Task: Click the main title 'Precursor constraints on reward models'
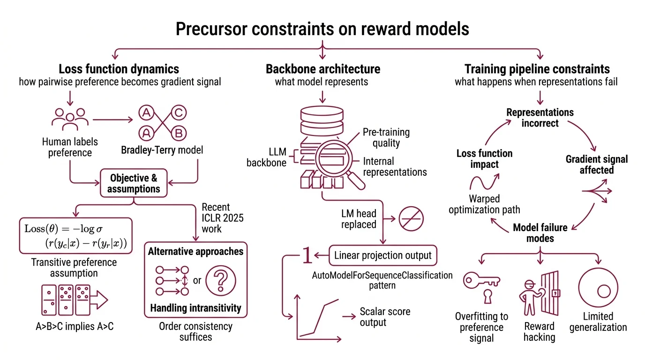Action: pyautogui.click(x=322, y=29)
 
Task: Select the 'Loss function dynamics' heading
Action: pyautogui.click(x=119, y=69)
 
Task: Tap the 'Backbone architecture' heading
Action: pyautogui.click(x=323, y=69)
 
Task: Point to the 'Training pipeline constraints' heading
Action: pyautogui.click(x=537, y=69)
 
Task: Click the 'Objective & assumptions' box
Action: pyautogui.click(x=134, y=183)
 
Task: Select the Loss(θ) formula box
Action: pyautogui.click(x=75, y=236)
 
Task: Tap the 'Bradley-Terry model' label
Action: pyautogui.click(x=162, y=150)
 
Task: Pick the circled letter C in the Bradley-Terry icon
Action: pyautogui.click(x=179, y=112)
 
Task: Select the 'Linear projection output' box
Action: pyautogui.click(x=383, y=256)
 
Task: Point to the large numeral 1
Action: pyautogui.click(x=307, y=256)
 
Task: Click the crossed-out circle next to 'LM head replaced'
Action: pyautogui.click(x=411, y=218)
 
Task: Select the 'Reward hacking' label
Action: pyautogui.click(x=539, y=331)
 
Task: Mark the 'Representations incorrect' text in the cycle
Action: pyautogui.click(x=540, y=118)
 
